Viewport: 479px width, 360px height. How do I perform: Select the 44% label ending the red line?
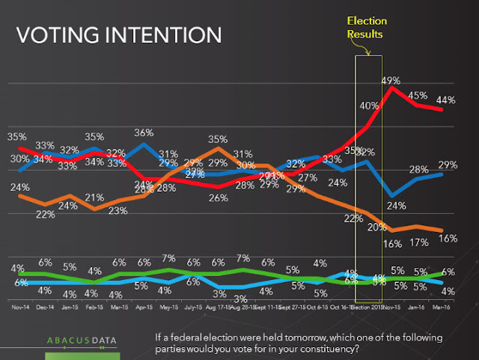pyautogui.click(x=445, y=100)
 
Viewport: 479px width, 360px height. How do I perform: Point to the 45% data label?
pyautogui.click(x=418, y=95)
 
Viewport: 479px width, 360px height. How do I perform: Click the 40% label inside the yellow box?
pyautogui.click(x=369, y=106)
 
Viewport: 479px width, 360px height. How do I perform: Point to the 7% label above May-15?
pyautogui.click(x=169, y=258)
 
